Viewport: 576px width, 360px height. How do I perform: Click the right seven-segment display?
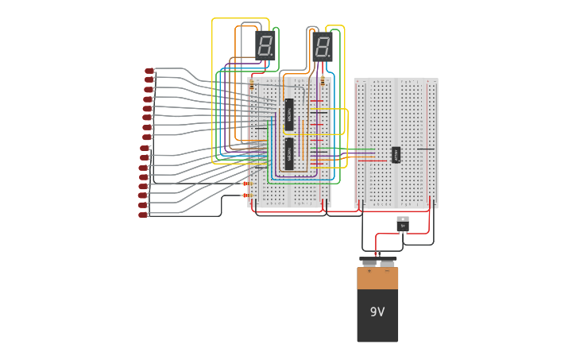[x=322, y=47]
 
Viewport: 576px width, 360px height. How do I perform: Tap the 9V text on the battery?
[x=377, y=312]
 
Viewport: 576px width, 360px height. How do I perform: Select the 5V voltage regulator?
[x=403, y=224]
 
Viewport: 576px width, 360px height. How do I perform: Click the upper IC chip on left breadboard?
[x=289, y=114]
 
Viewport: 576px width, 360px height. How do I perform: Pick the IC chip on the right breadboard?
[x=396, y=153]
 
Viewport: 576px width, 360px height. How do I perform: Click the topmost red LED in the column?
[x=149, y=71]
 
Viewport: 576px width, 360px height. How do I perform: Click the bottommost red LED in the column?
[x=143, y=214]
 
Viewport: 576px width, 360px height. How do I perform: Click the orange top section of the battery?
[x=377, y=279]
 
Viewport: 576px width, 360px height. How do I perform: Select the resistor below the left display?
[x=252, y=84]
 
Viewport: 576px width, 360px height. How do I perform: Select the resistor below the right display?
[x=322, y=81]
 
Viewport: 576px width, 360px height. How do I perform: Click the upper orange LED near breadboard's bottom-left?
[x=245, y=184]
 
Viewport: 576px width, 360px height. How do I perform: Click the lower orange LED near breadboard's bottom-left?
[x=245, y=195]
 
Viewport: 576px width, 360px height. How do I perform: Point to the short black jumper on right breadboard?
[x=426, y=149]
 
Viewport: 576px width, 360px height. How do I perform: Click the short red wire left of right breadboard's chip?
[x=372, y=161]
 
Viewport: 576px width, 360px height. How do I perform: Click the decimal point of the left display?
[x=273, y=55]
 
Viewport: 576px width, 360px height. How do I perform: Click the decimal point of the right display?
[x=330, y=57]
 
